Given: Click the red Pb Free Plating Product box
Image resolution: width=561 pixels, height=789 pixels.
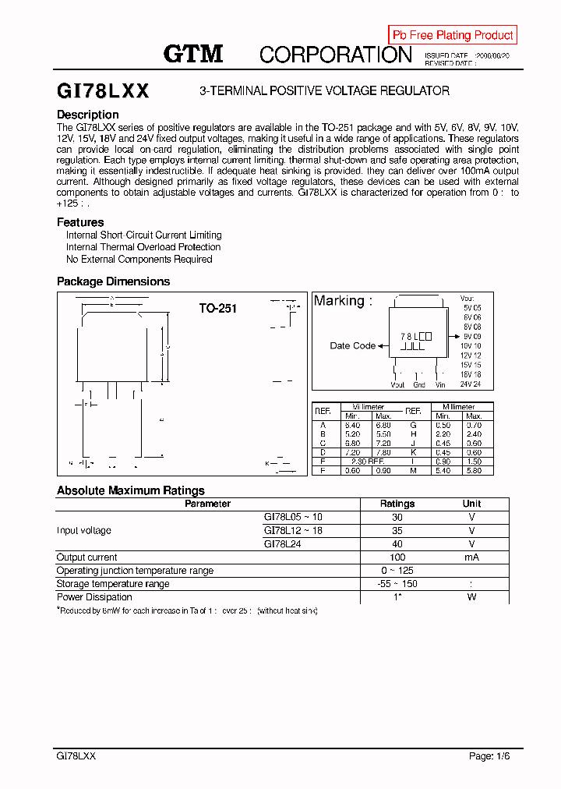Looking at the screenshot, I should pyautogui.click(x=453, y=35).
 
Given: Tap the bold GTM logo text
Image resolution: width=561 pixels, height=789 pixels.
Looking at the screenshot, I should pyautogui.click(x=193, y=54).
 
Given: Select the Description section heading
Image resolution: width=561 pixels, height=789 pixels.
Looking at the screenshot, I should pyautogui.click(x=88, y=115).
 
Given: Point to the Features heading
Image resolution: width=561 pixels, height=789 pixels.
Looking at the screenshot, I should pyautogui.click(x=80, y=222).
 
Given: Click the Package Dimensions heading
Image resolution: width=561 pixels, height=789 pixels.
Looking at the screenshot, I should pyautogui.click(x=113, y=281).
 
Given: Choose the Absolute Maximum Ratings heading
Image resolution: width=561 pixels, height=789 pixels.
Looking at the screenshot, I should pyautogui.click(x=130, y=490).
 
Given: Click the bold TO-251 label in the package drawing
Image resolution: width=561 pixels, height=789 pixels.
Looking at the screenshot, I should pyautogui.click(x=217, y=309).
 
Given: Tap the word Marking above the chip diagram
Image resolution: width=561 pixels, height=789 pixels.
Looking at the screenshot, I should pyautogui.click(x=343, y=301).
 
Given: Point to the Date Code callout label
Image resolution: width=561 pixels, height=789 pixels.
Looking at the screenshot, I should pyautogui.click(x=352, y=345).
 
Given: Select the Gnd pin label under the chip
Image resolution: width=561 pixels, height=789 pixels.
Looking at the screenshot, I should pyautogui.click(x=419, y=384).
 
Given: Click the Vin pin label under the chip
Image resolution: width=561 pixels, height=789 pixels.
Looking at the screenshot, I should pyautogui.click(x=440, y=384).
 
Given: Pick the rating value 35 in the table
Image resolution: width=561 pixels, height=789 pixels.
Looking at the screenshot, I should pyautogui.click(x=397, y=530).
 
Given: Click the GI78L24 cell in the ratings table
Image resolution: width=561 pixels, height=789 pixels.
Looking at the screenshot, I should pyautogui.click(x=282, y=543).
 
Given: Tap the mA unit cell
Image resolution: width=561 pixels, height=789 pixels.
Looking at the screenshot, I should pyautogui.click(x=471, y=557).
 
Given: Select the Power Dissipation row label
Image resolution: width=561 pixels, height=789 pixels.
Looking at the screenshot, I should pyautogui.click(x=94, y=597).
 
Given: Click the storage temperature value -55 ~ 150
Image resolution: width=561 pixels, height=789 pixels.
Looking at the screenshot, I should pyautogui.click(x=397, y=584).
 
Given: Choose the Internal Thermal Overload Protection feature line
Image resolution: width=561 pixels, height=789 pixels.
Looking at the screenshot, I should pyautogui.click(x=132, y=247).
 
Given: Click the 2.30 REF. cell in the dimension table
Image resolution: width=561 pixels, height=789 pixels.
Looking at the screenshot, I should pyautogui.click(x=367, y=462).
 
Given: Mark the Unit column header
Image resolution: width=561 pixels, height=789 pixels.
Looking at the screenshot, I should pyautogui.click(x=471, y=504).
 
